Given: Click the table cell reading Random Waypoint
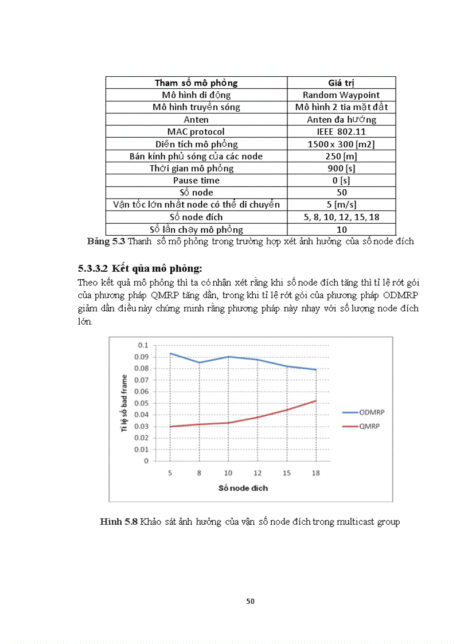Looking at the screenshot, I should (x=341, y=95).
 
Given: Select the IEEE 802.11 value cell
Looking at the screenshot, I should (x=341, y=132).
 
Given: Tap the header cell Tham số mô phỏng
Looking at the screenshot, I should (x=196, y=83).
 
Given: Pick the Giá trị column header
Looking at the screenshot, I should (x=341, y=83).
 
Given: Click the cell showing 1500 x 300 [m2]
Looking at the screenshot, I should (x=341, y=144).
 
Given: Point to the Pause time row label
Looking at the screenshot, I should (x=196, y=180).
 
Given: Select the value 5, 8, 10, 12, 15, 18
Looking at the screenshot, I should (x=341, y=217).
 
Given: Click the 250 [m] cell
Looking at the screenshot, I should (x=341, y=156).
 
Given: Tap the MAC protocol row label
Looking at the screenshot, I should (x=196, y=132).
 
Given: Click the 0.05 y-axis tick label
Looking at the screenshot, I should (x=141, y=403).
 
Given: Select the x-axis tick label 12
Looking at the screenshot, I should (x=258, y=473).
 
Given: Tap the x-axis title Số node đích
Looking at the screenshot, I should (x=243, y=488).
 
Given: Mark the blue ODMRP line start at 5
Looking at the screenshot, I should (x=170, y=353).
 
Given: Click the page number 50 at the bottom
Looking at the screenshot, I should (x=250, y=601).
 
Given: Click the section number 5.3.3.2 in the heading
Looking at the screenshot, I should (x=93, y=268).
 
